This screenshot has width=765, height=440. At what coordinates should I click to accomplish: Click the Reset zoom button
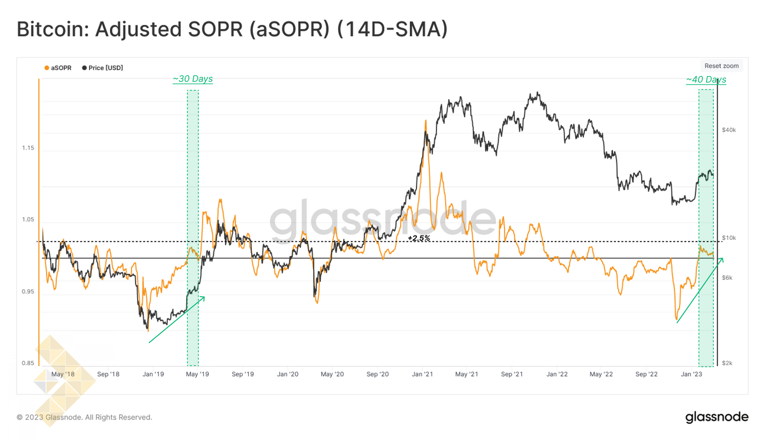tap(721, 66)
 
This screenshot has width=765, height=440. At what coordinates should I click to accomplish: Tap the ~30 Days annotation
tap(193, 79)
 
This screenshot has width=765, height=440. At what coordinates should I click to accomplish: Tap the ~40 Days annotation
tap(706, 80)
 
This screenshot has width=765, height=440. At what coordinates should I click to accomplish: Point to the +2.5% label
tap(419, 238)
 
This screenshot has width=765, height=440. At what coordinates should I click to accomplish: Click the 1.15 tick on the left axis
tap(28, 148)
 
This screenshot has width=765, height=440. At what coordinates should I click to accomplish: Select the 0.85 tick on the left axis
tap(28, 363)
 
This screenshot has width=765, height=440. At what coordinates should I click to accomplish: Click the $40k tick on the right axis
tap(729, 130)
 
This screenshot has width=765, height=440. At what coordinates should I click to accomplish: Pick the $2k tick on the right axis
tap(727, 363)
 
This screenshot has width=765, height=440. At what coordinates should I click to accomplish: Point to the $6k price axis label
tap(727, 278)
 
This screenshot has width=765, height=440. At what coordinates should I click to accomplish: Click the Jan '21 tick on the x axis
tap(422, 374)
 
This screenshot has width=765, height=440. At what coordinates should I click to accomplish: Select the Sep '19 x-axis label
tap(242, 374)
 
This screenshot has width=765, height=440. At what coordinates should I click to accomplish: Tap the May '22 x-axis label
tap(601, 374)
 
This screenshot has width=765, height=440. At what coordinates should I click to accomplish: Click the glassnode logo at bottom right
tap(717, 417)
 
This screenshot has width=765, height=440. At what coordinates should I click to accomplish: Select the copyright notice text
tap(84, 417)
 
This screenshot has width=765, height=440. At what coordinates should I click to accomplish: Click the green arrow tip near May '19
tap(205, 297)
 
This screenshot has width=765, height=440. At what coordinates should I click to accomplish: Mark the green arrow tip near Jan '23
tap(722, 258)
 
